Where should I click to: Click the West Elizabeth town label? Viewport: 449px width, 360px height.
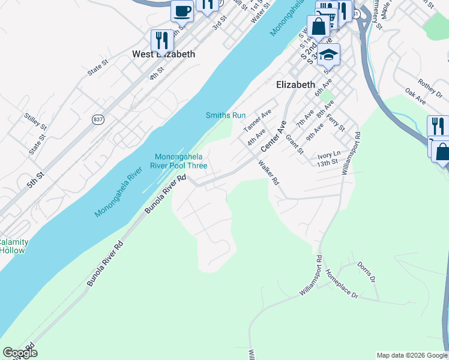click(163, 54)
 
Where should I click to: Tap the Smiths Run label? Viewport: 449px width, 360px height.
click(226, 115)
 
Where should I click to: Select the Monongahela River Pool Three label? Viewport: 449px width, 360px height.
click(181, 161)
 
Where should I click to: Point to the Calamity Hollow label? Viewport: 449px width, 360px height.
click(13, 246)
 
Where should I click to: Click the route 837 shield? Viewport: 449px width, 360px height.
click(97, 120)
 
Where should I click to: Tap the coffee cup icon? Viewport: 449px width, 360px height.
click(182, 10)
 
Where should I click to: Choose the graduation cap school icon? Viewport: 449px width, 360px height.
click(328, 55)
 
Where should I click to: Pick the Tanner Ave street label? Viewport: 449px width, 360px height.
click(257, 121)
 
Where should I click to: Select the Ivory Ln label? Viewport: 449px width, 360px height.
click(328, 155)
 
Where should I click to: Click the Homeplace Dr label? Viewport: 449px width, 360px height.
click(341, 287)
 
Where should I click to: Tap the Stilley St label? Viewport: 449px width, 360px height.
click(35, 121)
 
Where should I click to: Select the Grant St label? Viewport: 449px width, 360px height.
click(294, 144)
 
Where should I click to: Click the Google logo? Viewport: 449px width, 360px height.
click(20, 353)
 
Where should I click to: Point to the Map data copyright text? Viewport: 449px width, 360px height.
click(412, 355)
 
